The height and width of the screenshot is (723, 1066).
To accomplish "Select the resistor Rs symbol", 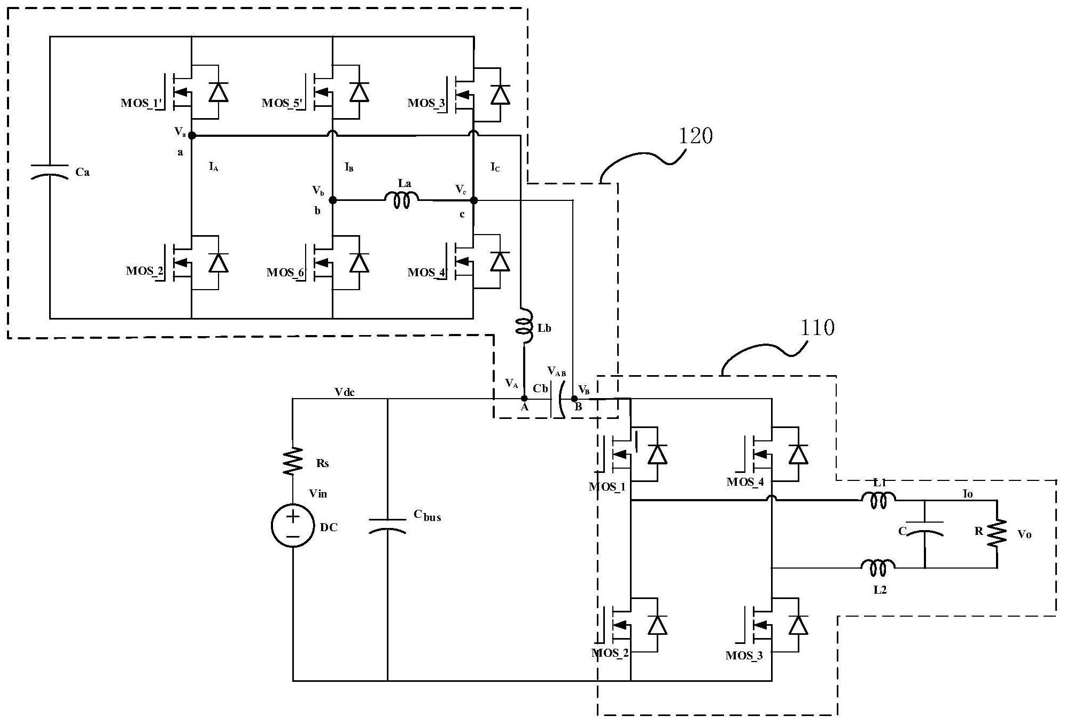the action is (292, 462).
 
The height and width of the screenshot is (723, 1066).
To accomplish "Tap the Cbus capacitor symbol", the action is (387, 525).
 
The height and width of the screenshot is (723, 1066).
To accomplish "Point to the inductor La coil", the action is (402, 200).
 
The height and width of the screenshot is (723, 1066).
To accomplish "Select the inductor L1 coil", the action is (878, 501).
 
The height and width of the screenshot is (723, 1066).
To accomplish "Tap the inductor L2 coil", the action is (878, 567).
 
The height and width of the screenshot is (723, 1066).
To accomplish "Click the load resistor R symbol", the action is (997, 533).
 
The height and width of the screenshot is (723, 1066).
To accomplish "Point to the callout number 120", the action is (695, 136).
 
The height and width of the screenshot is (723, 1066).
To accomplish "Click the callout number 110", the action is (817, 327).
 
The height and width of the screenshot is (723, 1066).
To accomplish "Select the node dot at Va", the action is (192, 136).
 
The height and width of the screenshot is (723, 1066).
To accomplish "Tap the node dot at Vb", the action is (332, 200).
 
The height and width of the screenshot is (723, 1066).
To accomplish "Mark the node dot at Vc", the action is (473, 200).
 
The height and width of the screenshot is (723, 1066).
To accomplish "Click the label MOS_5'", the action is (283, 103).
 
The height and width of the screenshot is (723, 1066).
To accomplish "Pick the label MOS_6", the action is (285, 273).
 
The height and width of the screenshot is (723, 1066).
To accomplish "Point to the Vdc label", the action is (345, 392).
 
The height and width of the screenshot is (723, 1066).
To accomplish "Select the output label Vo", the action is (1024, 534).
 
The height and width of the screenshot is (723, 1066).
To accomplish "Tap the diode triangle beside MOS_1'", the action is (218, 92).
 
